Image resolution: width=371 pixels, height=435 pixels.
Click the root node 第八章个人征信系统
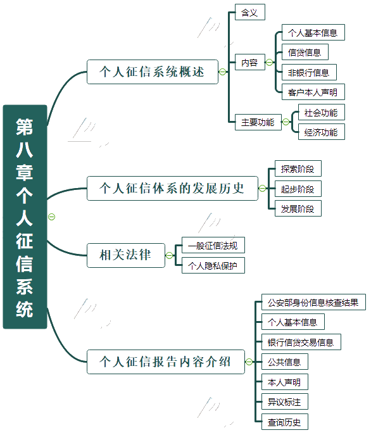25,217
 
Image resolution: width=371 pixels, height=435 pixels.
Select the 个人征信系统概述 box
153,72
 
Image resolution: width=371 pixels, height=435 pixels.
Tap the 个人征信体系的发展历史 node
172,188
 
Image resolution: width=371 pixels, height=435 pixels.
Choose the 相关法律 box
126,256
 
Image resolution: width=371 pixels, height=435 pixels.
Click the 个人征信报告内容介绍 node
166,362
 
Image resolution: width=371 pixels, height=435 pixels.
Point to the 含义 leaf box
250,12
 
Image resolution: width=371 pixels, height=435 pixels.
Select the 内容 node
250,62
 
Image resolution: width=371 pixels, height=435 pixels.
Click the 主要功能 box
258,122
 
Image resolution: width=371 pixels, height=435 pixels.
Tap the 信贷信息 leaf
305,52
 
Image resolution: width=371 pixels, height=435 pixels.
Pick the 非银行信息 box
309,72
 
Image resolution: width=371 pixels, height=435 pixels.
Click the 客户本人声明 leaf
313,92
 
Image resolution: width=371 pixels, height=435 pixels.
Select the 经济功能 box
322,132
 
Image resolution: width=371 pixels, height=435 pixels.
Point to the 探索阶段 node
298,168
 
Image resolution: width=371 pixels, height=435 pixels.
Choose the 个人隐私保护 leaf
213,265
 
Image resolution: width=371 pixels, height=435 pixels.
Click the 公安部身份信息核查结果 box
313,302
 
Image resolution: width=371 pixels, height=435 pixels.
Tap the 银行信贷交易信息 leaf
301,342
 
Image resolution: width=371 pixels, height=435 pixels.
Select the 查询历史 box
285,422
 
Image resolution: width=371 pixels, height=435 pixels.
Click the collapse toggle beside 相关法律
169,255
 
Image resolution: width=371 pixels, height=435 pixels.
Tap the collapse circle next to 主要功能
286,122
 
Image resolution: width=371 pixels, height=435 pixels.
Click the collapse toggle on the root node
52,217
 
